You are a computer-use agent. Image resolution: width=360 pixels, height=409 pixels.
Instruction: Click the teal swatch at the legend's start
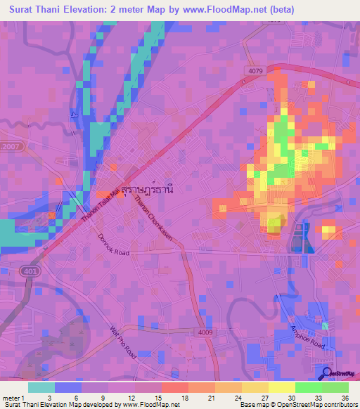41,387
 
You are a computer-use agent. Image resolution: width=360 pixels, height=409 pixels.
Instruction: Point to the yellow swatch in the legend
281,387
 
